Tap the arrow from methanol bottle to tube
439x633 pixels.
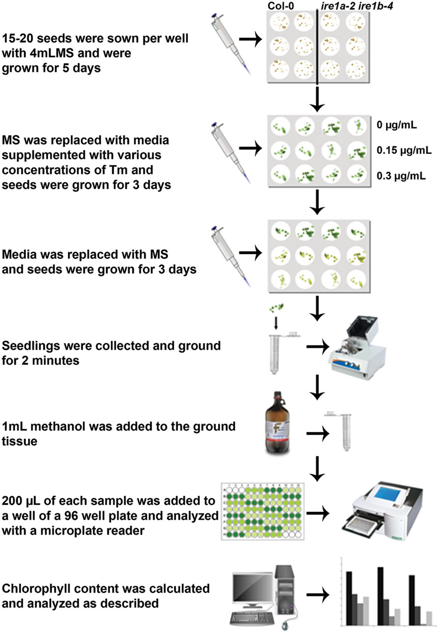pyautogui.click(x=318, y=434)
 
